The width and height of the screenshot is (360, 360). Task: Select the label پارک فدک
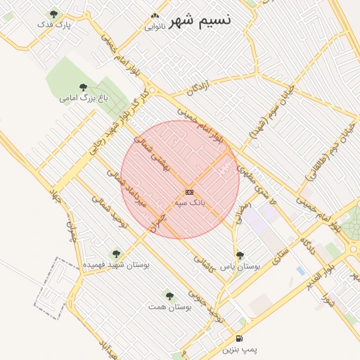56,25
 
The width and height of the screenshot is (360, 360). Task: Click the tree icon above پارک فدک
55,13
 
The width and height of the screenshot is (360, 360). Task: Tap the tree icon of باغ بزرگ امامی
84,87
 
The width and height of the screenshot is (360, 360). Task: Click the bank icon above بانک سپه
188,191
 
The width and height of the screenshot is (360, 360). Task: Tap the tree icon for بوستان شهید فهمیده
116,254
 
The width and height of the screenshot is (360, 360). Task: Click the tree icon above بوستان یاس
240,256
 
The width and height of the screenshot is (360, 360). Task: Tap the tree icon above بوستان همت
169,296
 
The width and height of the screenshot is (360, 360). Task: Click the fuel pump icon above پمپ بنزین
240,338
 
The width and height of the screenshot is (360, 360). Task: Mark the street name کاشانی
203,259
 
